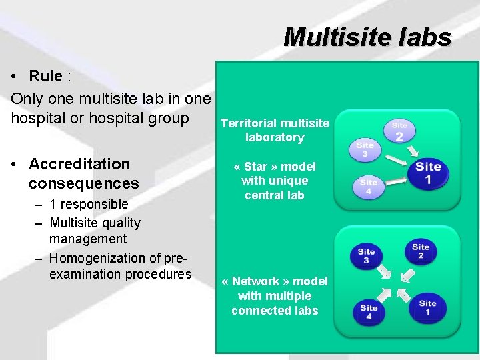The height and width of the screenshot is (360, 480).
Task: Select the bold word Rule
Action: (46, 76)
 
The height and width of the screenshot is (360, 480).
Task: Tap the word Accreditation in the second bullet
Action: (79, 164)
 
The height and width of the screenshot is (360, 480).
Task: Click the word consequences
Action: (84, 183)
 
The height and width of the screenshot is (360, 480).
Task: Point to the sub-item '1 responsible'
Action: (88, 204)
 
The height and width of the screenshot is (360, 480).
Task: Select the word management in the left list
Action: (88, 239)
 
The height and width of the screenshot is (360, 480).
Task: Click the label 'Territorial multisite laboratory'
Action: (275, 130)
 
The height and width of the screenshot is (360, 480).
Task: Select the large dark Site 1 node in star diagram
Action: (429, 173)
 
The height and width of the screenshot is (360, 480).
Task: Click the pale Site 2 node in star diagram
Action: (399, 132)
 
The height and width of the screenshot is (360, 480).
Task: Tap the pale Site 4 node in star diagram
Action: (369, 187)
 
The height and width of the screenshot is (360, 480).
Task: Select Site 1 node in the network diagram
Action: (427, 308)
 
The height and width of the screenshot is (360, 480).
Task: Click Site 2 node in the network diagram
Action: (421, 252)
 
